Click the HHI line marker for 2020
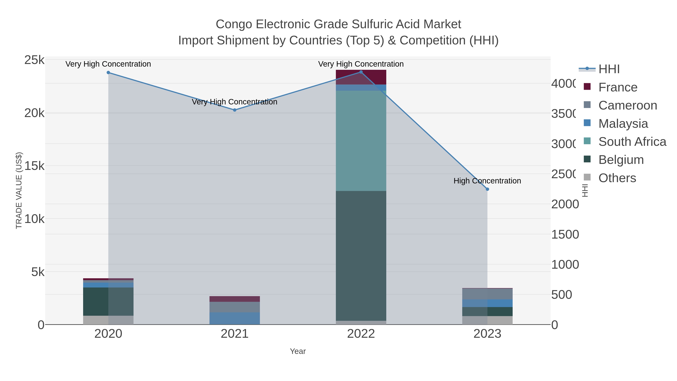108,73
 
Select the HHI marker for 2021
235,110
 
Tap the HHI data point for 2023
487,189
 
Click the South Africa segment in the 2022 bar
361,141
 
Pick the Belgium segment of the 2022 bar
361,256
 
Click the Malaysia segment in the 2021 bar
235,318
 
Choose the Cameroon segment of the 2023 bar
487,294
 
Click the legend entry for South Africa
632,142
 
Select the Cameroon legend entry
628,105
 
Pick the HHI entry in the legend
609,69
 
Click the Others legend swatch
587,177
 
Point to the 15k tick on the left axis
34,166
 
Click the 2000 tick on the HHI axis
565,204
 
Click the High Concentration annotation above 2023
487,181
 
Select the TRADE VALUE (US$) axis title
19,190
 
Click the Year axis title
298,351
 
